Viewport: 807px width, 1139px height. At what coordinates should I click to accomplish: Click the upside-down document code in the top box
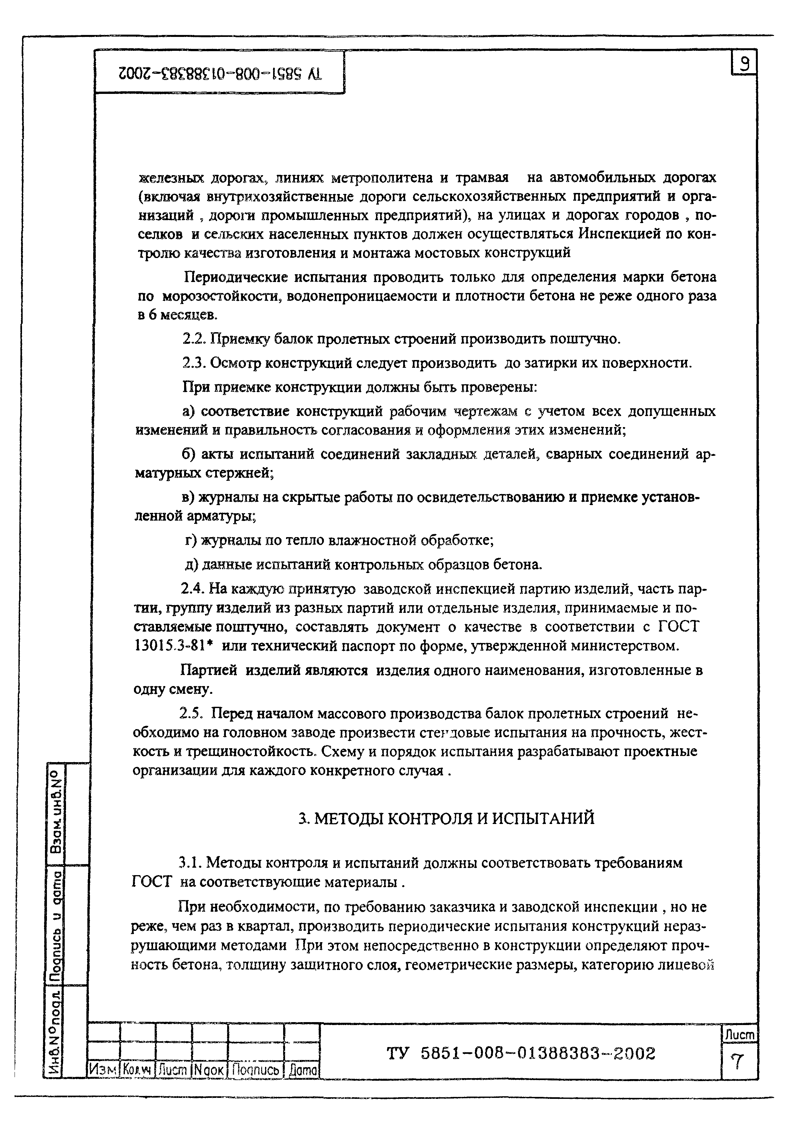(220, 74)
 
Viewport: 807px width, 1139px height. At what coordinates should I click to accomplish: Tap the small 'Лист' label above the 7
(739, 1035)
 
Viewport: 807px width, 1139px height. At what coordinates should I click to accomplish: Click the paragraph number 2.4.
(193, 589)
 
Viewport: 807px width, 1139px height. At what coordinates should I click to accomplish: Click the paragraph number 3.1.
(189, 863)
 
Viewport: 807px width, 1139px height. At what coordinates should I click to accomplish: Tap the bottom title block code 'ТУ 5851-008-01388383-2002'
(521, 1054)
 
